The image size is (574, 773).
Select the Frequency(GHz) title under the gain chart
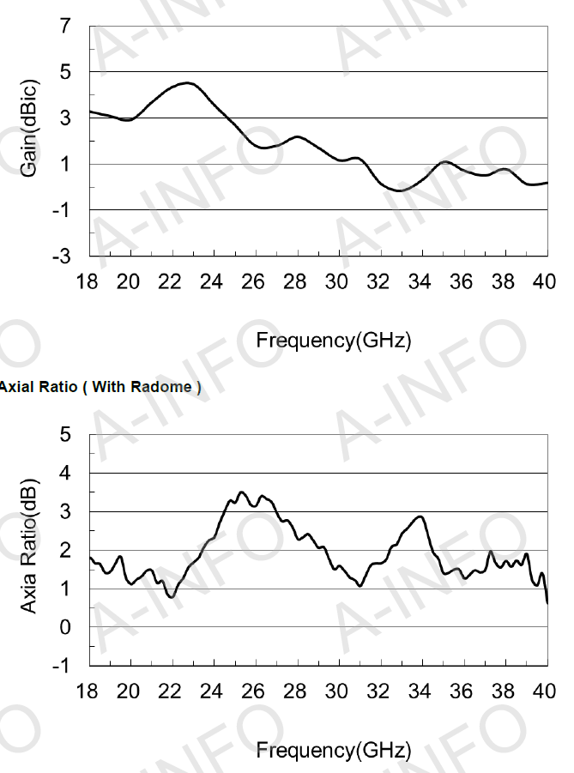click(x=333, y=341)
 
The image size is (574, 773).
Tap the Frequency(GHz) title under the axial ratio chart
click(x=333, y=751)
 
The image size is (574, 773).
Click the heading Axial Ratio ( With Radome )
click(x=100, y=387)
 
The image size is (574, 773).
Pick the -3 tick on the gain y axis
click(x=62, y=256)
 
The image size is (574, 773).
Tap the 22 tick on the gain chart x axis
click(x=170, y=282)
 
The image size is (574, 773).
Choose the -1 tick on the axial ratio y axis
click(x=62, y=666)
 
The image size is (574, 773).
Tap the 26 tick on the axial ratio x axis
click(x=253, y=691)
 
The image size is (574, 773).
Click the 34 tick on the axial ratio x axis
click(x=420, y=691)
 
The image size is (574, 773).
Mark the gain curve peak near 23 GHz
click(x=187, y=83)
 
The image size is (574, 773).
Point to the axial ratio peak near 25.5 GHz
click(x=242, y=492)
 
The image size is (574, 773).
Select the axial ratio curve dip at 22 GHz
click(x=172, y=596)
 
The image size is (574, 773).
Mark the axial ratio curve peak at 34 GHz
click(x=420, y=516)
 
